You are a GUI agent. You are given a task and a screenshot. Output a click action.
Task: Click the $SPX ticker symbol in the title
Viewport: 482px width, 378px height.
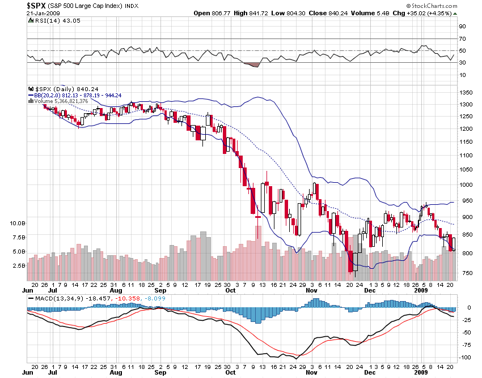(x=37, y=5)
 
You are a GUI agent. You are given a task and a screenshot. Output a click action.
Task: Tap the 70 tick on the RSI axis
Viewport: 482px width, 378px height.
(x=462, y=38)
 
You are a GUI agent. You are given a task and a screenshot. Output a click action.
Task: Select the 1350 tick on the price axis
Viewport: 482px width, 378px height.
(x=466, y=92)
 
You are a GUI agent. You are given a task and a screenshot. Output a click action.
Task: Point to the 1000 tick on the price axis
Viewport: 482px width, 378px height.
(x=466, y=184)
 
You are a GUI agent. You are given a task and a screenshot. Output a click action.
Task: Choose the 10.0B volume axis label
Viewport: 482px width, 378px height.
(x=16, y=224)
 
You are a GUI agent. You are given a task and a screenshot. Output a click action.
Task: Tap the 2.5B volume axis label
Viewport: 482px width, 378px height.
(x=18, y=265)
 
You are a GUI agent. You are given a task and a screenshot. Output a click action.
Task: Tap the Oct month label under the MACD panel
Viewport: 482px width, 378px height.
(x=230, y=373)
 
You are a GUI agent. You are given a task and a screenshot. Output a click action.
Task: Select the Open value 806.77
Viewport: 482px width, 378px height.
(x=210, y=12)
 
